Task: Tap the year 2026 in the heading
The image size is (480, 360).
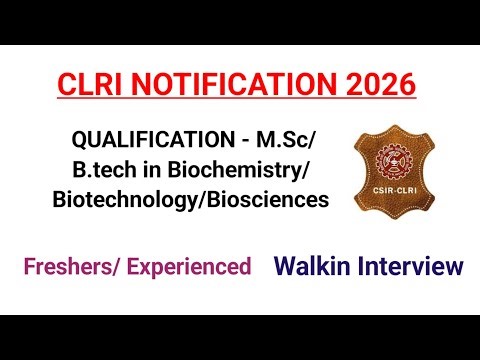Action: coord(375,85)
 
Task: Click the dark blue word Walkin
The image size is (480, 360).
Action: coord(315,266)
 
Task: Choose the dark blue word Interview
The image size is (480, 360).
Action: coord(412,266)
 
